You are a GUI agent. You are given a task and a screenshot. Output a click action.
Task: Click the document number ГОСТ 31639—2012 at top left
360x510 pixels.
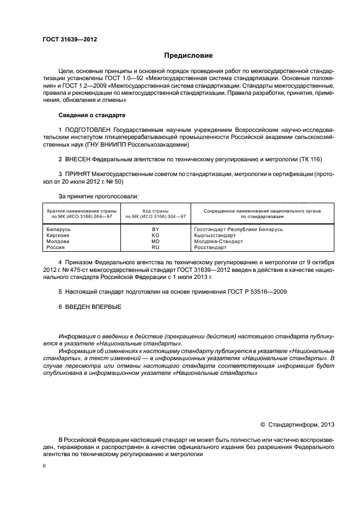pos(70,39)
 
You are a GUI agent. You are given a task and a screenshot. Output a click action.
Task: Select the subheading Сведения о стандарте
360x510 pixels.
pos(91,115)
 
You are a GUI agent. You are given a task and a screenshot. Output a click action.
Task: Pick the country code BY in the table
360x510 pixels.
pos(155,229)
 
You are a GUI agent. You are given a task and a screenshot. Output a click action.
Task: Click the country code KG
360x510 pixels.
pos(155,235)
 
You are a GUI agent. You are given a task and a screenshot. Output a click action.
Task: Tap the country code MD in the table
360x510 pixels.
pos(155,241)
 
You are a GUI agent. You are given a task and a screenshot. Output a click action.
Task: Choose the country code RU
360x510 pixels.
pos(155,247)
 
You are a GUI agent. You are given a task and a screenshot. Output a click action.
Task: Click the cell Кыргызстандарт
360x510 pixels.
pos(215,235)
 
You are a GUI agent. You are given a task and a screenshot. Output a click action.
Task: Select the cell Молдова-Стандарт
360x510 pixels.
pos(218,241)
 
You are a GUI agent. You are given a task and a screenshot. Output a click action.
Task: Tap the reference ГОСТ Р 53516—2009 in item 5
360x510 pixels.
pos(257,292)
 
